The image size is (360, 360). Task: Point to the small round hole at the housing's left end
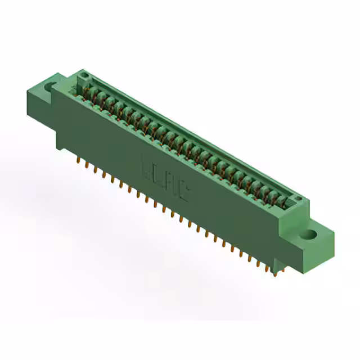click(x=85, y=74)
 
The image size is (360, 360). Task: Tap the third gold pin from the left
click(x=94, y=169)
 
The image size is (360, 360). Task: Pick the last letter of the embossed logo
click(x=184, y=193)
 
